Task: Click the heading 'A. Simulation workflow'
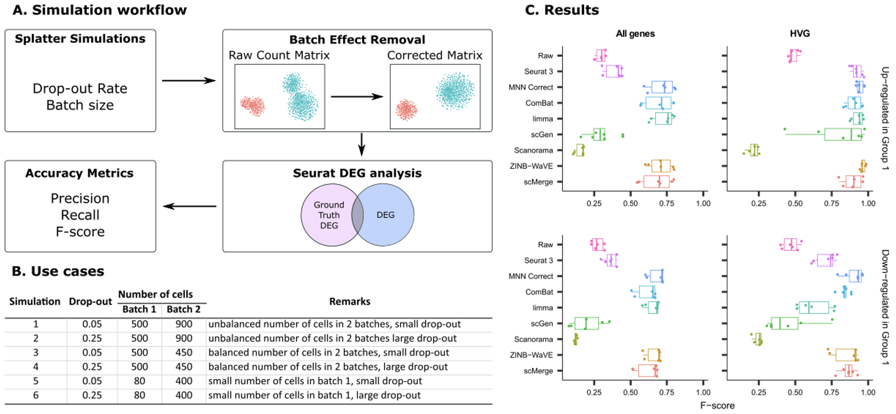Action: [99, 10]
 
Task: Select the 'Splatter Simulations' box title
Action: [80, 39]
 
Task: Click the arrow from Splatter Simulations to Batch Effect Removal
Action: [189, 81]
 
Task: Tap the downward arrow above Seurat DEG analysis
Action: [362, 144]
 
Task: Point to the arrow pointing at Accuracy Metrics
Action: [190, 206]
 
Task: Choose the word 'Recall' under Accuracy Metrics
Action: [80, 215]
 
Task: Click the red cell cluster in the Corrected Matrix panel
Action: [406, 110]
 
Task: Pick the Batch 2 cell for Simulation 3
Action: [184, 353]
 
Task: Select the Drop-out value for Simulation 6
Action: [92, 395]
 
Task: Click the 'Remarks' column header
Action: [350, 302]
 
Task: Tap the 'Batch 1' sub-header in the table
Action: [139, 309]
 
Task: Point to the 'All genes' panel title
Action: [635, 34]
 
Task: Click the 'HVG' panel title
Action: [800, 34]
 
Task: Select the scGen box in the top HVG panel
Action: [843, 134]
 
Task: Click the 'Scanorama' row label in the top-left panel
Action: [533, 150]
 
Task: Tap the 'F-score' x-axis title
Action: [717, 405]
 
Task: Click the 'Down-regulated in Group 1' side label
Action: [885, 307]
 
